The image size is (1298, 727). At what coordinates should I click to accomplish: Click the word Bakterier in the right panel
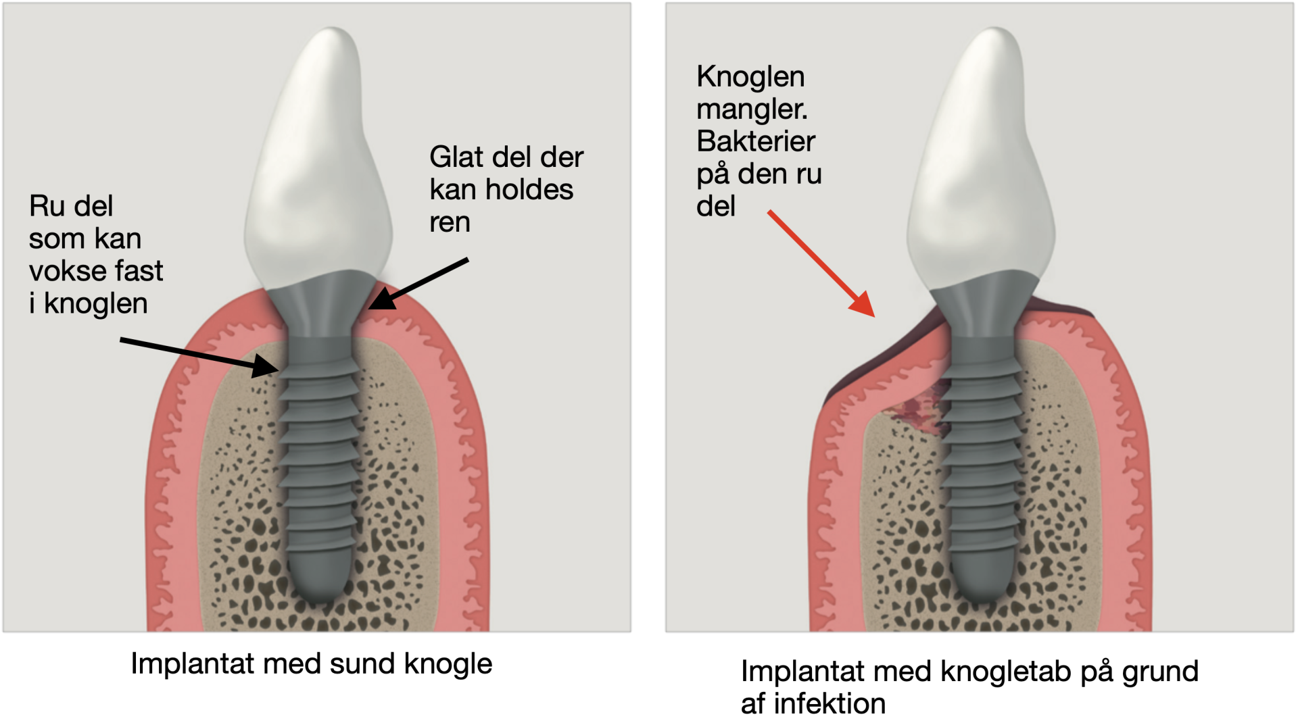click(x=756, y=142)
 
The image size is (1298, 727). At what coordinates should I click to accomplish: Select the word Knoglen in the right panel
click(x=750, y=77)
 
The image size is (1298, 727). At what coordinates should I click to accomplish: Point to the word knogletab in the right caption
click(x=1005, y=672)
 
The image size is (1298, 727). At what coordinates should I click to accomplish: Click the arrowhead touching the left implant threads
click(x=267, y=366)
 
